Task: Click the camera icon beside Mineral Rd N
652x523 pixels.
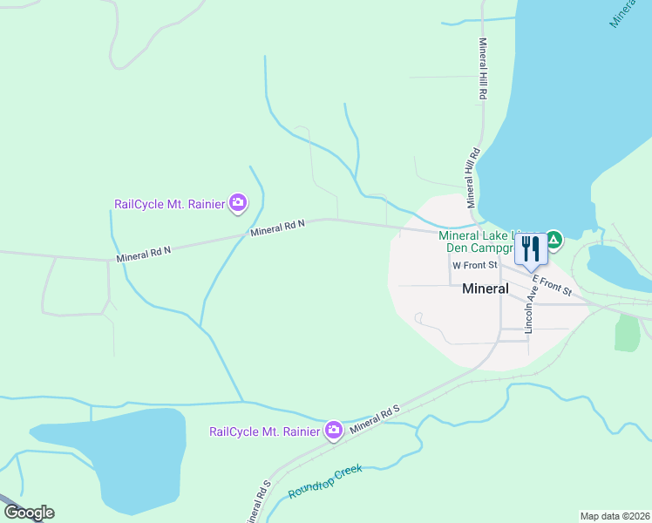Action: [x=238, y=204]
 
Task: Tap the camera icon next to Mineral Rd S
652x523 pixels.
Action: [x=333, y=431]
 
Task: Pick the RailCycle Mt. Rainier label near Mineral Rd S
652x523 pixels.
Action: [x=265, y=431]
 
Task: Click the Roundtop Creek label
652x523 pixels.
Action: [x=324, y=482]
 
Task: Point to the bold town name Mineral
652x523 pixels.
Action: [x=486, y=289]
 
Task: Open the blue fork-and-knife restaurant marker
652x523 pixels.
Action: [x=530, y=248]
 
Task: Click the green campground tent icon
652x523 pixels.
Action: [x=554, y=239]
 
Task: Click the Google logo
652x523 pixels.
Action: [x=29, y=513]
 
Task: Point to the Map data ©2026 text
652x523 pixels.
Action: [x=615, y=516]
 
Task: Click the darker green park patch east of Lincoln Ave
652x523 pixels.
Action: [x=627, y=332]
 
